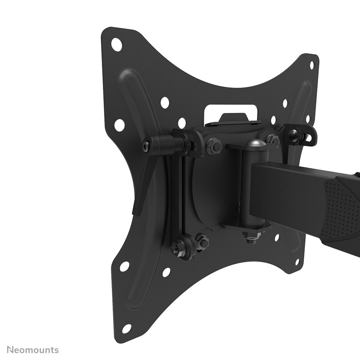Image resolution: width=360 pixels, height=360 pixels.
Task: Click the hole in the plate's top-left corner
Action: click(x=116, y=44)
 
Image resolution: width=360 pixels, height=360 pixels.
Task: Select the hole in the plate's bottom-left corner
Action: click(x=126, y=328)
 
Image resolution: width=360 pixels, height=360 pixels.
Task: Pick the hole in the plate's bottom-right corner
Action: click(x=297, y=262)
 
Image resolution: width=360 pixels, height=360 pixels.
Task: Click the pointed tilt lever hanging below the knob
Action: click(x=143, y=186)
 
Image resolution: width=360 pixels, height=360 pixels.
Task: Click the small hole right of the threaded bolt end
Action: click(x=276, y=237)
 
